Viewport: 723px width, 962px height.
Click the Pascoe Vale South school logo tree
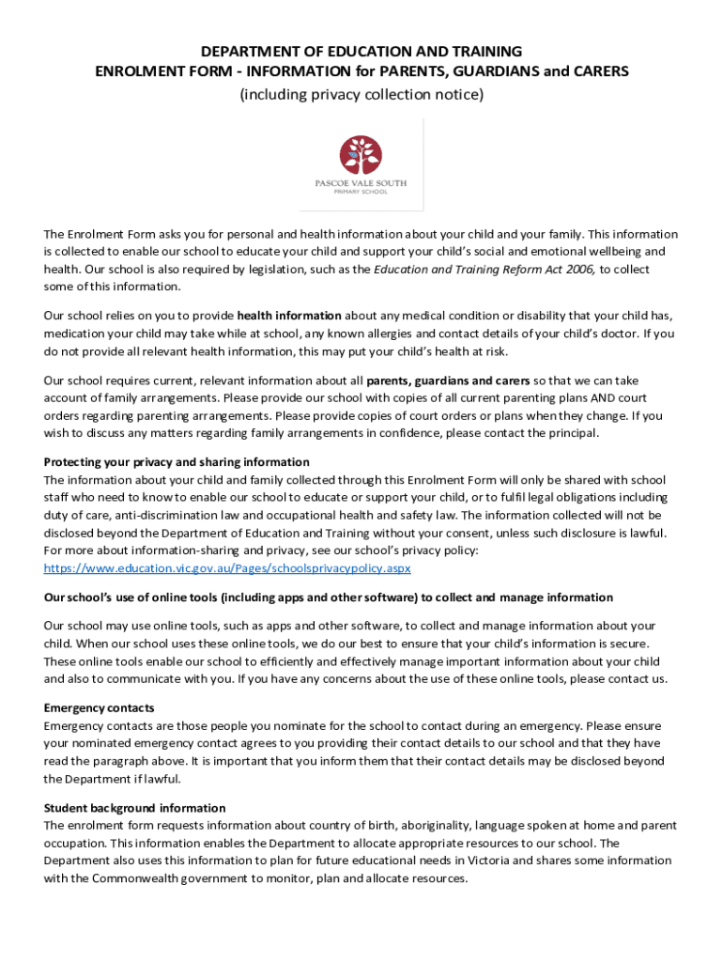click(x=361, y=154)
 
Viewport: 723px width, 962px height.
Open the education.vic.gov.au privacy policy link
click(x=227, y=568)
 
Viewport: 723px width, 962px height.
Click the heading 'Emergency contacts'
click(x=100, y=707)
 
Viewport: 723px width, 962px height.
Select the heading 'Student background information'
click(x=135, y=808)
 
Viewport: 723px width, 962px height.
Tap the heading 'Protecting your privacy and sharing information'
click(x=177, y=461)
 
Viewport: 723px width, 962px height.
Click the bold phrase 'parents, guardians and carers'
click(x=448, y=380)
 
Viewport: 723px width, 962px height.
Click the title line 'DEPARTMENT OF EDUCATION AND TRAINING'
click(x=361, y=51)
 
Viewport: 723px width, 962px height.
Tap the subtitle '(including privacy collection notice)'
click(x=361, y=94)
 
